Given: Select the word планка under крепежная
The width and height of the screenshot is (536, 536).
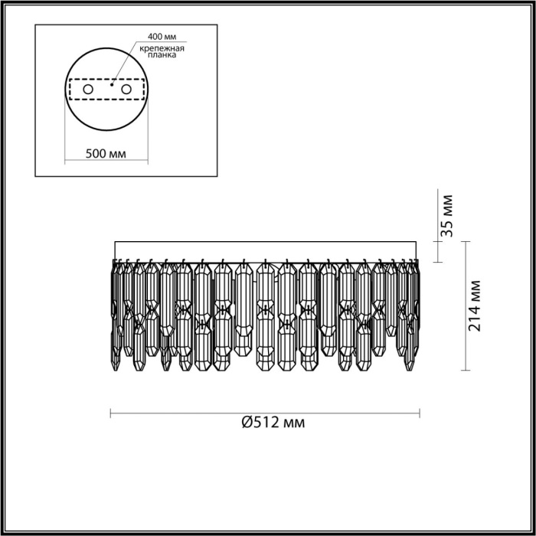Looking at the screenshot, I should (158, 55).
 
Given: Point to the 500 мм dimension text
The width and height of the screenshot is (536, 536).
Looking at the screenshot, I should (106, 154).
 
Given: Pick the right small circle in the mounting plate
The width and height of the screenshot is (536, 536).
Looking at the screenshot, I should (126, 90).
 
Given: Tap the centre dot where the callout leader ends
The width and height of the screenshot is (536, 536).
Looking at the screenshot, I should (112, 87).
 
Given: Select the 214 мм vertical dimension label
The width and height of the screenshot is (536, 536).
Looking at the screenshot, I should (475, 306).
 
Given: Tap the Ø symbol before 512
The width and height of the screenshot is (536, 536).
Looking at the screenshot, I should (247, 423).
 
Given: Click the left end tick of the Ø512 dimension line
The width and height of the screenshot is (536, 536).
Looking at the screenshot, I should (112, 413).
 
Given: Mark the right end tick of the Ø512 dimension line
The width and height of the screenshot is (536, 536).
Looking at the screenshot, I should (420, 413).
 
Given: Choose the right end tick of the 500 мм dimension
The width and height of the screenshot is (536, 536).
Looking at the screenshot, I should (149, 162).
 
